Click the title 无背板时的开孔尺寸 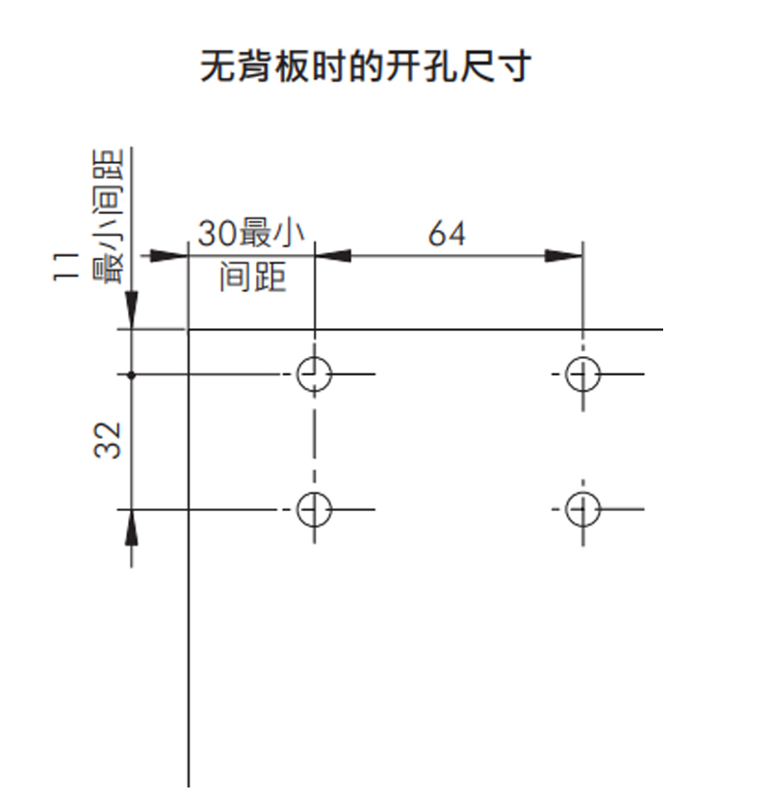tap(365, 68)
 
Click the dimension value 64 tap(447, 234)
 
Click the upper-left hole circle tap(314, 374)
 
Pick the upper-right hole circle tap(582, 374)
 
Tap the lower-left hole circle tap(314, 508)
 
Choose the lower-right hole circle tap(582, 508)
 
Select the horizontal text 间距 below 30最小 tap(252, 277)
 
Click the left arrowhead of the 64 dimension tap(331, 256)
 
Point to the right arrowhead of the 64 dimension tap(566, 256)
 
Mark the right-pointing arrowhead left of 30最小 tap(170, 256)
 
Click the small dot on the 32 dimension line tap(132, 374)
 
